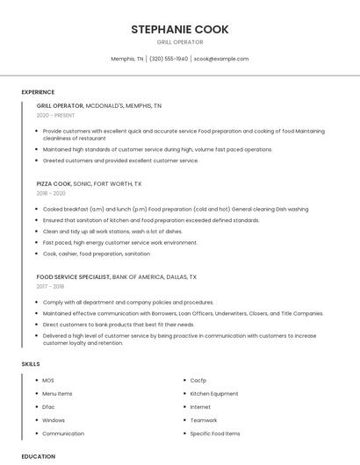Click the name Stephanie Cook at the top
tap(179, 29)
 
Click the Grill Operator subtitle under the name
tap(179, 42)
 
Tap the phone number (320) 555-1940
tap(169, 59)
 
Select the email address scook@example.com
tap(221, 59)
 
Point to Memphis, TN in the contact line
tap(126, 59)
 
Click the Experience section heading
tap(38, 92)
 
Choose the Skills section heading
tap(31, 363)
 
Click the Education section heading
tap(39, 456)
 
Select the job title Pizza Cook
tap(54, 184)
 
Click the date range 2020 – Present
tap(55, 115)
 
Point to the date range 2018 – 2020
tap(51, 193)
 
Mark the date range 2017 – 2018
tap(50, 286)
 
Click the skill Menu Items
tap(57, 394)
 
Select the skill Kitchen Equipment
tap(213, 394)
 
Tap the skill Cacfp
tap(198, 381)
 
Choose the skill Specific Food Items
tap(214, 433)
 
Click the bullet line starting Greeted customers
tap(120, 161)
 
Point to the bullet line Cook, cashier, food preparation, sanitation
tap(96, 254)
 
